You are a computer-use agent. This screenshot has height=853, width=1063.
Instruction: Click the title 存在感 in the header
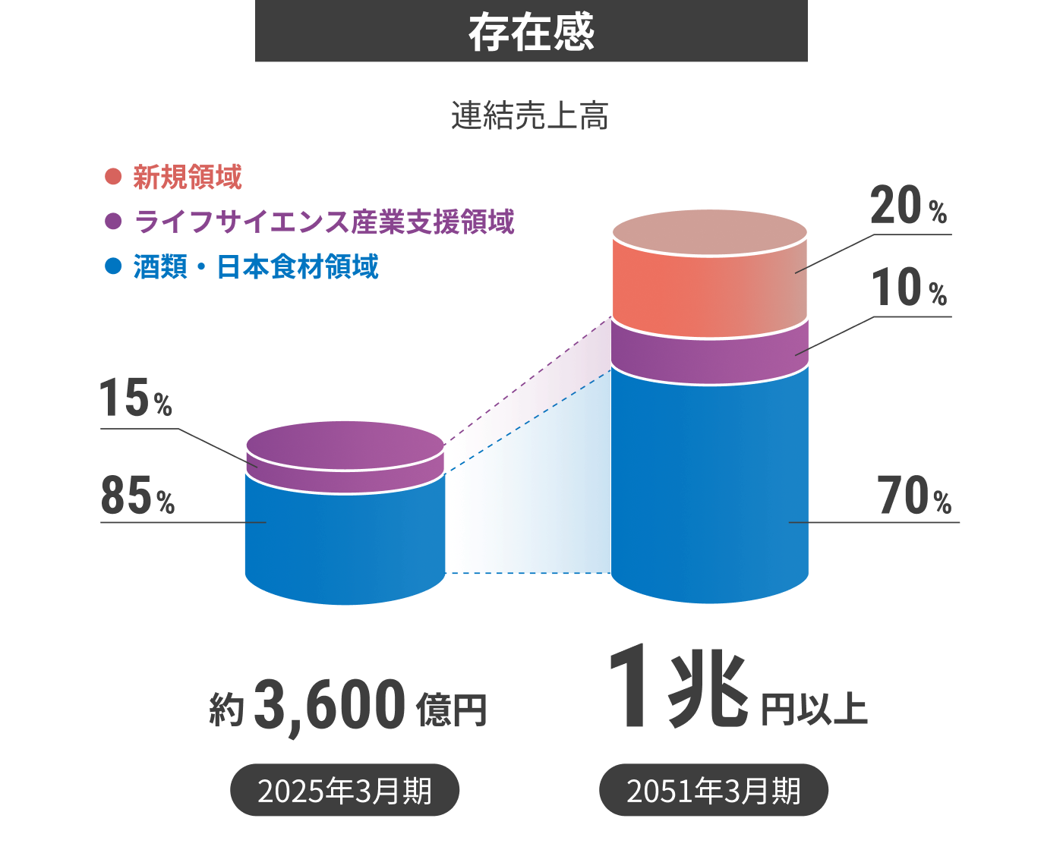[x=531, y=32]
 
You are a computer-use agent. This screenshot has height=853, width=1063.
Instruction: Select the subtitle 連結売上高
[x=530, y=116]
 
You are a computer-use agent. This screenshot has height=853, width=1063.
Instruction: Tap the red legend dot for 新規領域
[x=113, y=177]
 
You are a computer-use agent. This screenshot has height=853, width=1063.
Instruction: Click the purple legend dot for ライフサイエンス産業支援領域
[x=113, y=222]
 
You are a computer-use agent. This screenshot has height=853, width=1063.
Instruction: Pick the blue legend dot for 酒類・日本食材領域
[x=113, y=266]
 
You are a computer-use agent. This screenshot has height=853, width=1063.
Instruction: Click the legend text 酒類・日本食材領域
[x=256, y=267]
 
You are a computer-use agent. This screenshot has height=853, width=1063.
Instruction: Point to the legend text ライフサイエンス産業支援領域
[x=324, y=222]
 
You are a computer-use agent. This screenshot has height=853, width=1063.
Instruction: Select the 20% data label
[x=908, y=206]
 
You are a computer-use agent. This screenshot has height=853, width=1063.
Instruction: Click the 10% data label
[x=908, y=288]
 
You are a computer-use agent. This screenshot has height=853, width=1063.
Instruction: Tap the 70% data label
[x=914, y=497]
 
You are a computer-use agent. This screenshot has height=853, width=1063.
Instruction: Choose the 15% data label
[x=136, y=399]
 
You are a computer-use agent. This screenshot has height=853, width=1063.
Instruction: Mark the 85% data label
[x=137, y=496]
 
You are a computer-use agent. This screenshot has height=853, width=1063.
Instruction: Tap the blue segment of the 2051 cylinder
[x=709, y=486]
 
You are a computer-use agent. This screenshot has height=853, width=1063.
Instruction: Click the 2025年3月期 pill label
[x=345, y=791]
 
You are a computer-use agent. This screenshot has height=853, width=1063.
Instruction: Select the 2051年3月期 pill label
[x=713, y=791]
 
